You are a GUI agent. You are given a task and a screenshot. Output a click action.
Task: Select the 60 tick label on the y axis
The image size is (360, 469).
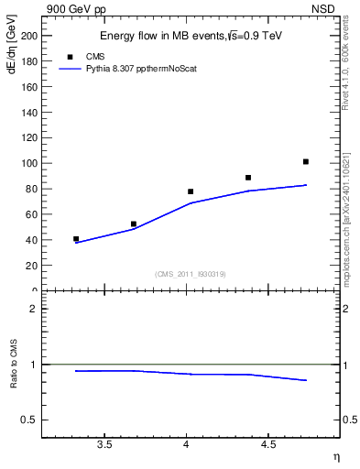point(32,214)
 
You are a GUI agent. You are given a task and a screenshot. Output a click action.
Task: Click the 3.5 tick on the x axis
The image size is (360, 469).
point(104,444)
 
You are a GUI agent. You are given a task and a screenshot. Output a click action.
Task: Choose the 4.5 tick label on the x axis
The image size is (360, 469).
point(267,444)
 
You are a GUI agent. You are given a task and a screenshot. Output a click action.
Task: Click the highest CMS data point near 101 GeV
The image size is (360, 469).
point(306,162)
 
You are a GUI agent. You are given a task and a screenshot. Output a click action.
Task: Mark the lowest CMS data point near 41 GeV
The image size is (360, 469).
point(76,239)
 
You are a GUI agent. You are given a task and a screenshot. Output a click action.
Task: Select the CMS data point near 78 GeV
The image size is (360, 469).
point(191,191)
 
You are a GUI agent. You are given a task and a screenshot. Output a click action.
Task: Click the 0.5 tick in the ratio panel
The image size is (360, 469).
point(31,420)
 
